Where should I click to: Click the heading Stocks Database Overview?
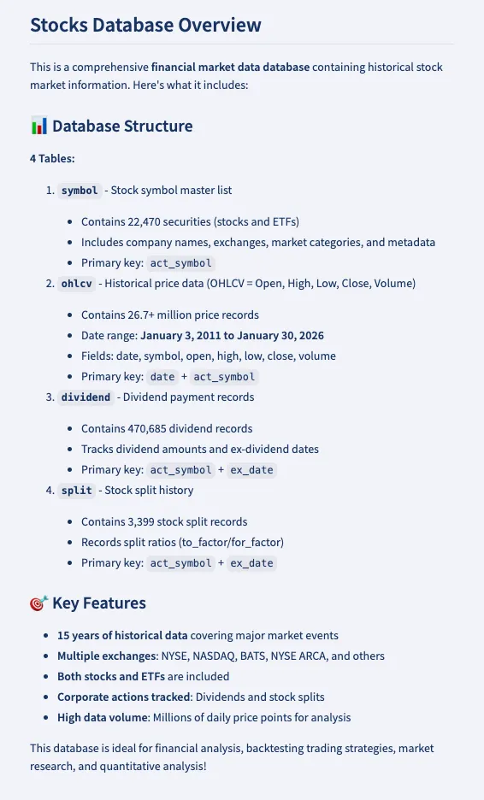145,25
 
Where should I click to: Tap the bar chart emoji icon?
38,126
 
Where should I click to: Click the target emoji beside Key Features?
38,603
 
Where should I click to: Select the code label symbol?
80,191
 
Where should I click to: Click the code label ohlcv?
76,284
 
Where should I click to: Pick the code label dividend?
86,397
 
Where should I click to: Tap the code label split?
76,491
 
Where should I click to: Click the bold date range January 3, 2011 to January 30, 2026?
232,335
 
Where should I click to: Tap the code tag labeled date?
162,377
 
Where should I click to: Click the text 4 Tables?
52,159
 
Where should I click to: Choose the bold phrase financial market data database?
230,67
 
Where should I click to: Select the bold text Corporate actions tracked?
126,697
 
